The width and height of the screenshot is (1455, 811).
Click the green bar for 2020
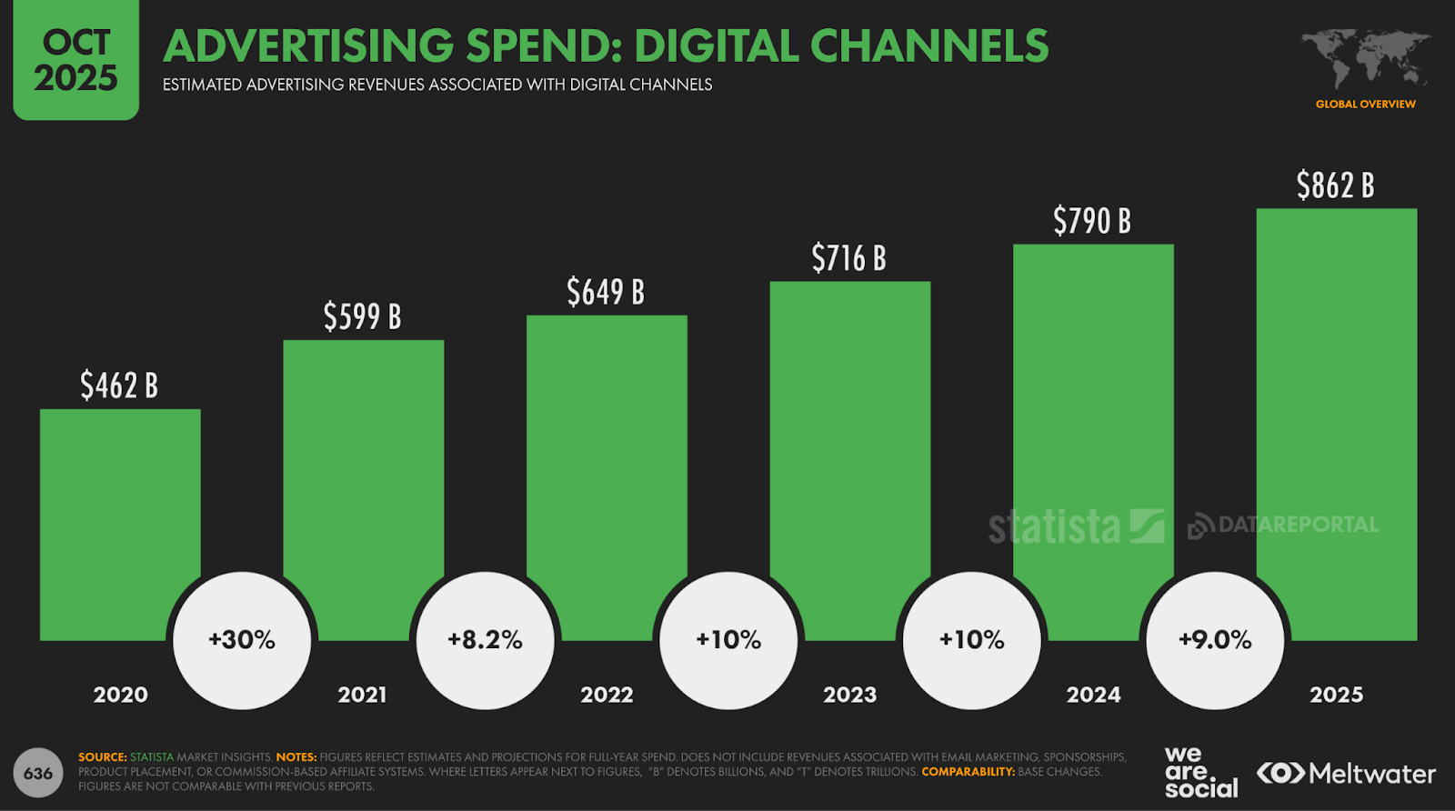[120, 509]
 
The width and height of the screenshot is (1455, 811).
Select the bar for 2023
[849, 436]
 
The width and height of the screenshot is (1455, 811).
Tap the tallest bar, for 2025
[1336, 400]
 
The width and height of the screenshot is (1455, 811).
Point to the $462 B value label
[119, 385]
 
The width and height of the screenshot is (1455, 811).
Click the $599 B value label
[362, 316]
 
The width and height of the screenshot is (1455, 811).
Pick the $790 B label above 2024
[1092, 221]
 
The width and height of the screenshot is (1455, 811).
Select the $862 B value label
[1335, 185]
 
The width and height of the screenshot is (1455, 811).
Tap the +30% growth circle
[242, 640]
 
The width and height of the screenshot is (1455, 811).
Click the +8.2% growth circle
[485, 640]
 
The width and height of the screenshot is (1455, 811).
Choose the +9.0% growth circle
[1215, 640]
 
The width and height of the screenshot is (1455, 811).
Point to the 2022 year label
[607, 696]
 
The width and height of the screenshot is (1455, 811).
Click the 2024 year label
[1093, 696]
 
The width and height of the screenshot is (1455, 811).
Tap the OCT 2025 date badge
[76, 60]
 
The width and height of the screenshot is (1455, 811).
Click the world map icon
[1365, 58]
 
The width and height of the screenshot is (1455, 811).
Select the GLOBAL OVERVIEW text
[1365, 105]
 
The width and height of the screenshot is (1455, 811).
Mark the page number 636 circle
[38, 774]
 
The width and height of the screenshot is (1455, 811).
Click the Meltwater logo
[1346, 774]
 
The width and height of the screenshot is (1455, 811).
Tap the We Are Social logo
[1200, 773]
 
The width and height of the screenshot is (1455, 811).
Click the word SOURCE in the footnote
[102, 757]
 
